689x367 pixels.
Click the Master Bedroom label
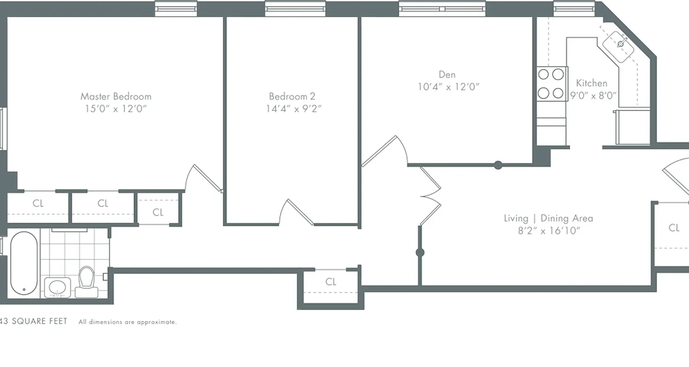(x=116, y=96)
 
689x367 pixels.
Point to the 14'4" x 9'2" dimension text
(x=293, y=109)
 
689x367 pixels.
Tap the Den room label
(x=447, y=74)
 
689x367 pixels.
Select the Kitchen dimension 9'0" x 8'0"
(x=593, y=95)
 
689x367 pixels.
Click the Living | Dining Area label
(x=548, y=218)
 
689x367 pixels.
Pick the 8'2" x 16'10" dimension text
(x=548, y=231)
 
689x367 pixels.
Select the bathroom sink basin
(x=57, y=287)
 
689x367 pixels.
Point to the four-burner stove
(x=551, y=83)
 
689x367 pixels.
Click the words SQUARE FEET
(x=40, y=321)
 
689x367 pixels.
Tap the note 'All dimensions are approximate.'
(x=127, y=322)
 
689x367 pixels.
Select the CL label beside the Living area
(x=674, y=228)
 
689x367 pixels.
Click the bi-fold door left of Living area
(x=431, y=196)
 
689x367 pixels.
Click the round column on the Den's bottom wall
(x=498, y=165)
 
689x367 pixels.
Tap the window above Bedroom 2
(x=295, y=8)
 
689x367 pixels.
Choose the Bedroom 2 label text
(x=292, y=96)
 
